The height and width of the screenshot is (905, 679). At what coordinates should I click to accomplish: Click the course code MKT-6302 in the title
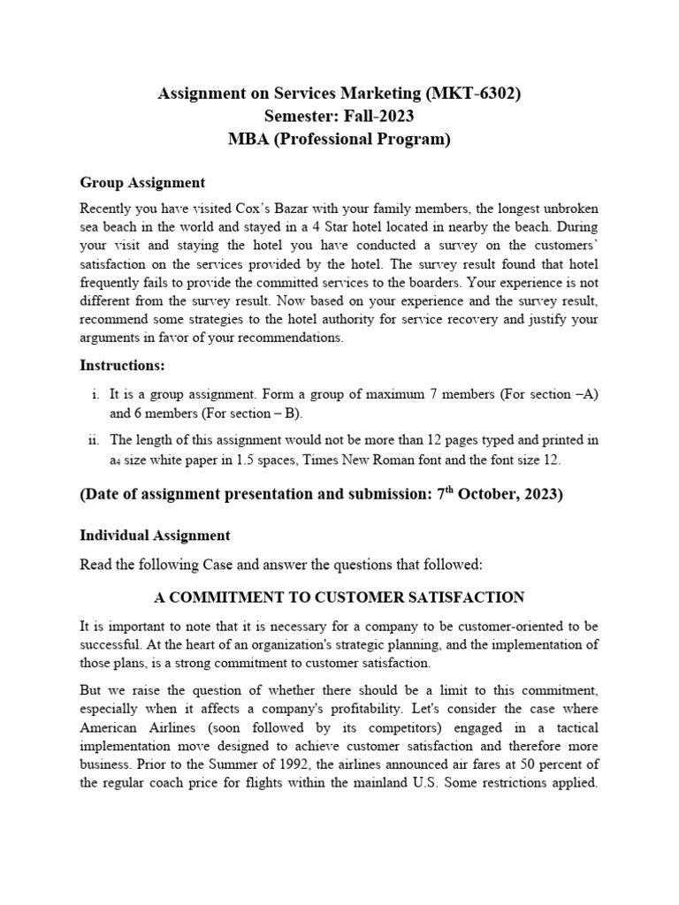[x=482, y=94]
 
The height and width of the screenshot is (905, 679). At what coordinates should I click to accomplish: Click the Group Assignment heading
[x=142, y=183]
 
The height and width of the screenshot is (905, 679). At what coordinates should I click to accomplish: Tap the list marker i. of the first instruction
[x=94, y=394]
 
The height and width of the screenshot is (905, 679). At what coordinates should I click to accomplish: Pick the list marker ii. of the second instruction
[x=92, y=440]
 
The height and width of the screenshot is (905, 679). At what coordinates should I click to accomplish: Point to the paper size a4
[x=115, y=460]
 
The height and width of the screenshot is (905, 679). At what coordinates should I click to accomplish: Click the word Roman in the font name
[x=413, y=460]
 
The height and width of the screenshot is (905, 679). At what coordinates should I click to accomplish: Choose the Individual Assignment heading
[x=155, y=536]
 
